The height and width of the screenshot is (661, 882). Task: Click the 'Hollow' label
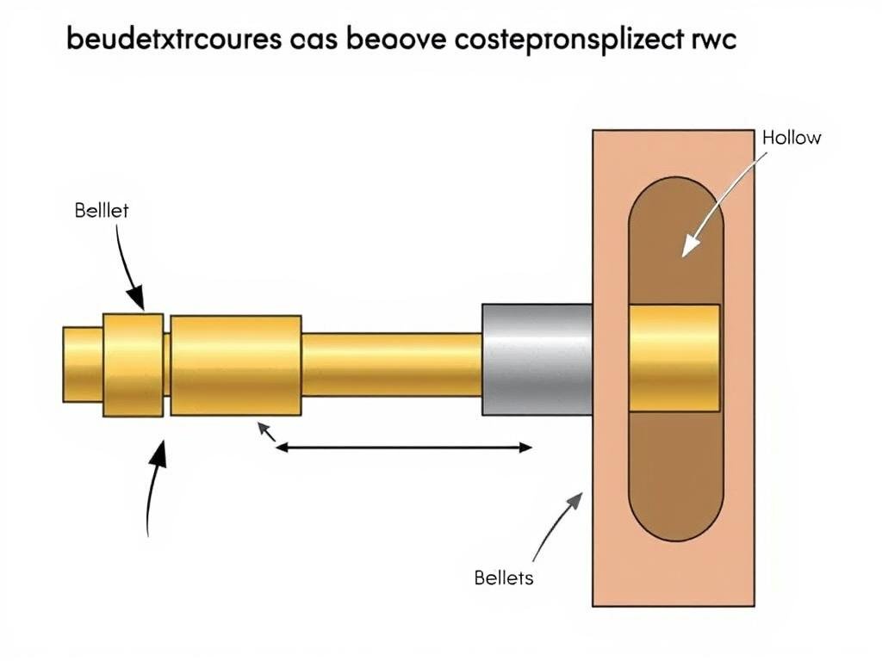pyautogui.click(x=792, y=138)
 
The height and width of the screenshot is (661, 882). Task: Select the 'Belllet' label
pyautogui.click(x=101, y=210)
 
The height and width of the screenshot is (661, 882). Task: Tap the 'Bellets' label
pyautogui.click(x=504, y=578)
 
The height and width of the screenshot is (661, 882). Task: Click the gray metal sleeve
pyautogui.click(x=537, y=358)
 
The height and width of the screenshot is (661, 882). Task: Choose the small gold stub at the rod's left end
pyautogui.click(x=83, y=364)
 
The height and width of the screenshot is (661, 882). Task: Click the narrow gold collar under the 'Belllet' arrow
pyautogui.click(x=133, y=365)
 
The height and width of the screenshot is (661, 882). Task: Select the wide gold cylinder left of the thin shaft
pyautogui.click(x=236, y=365)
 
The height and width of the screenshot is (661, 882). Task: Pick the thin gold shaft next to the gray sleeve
pyautogui.click(x=391, y=364)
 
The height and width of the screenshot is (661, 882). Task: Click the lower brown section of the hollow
pyautogui.click(x=675, y=473)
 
